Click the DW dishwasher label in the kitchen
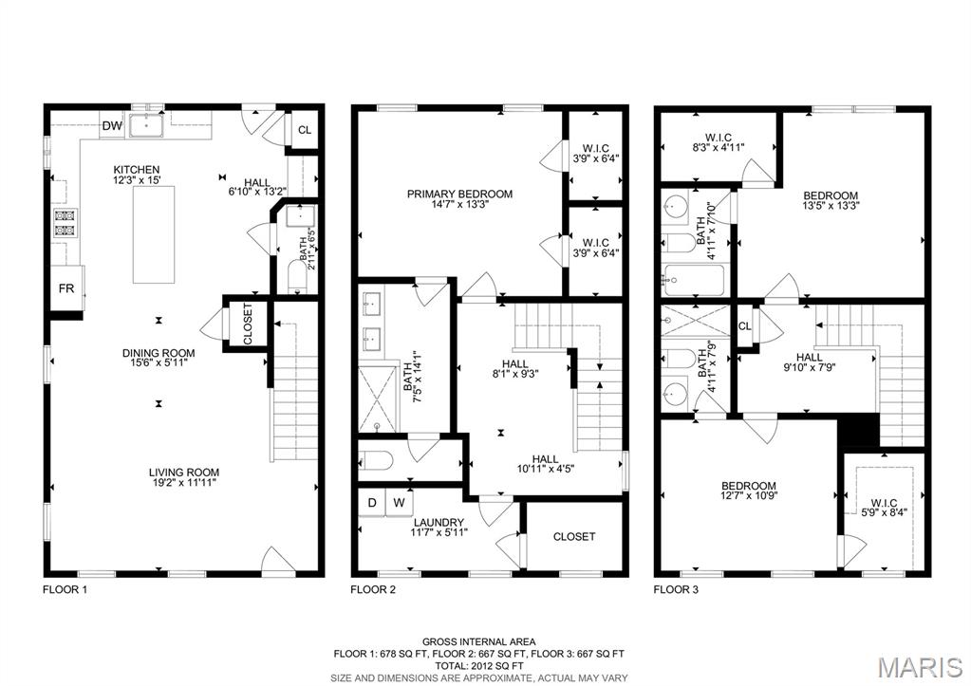[x=112, y=126]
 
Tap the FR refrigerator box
[x=66, y=287]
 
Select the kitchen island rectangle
[x=153, y=234]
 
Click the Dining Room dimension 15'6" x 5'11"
[x=159, y=362]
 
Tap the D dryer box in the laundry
[x=372, y=503]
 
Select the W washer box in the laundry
[x=400, y=503]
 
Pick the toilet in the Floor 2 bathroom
[x=376, y=460]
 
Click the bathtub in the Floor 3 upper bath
[x=693, y=281]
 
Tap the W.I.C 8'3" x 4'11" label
[x=719, y=142]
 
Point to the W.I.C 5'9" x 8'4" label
[x=884, y=508]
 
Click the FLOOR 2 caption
[x=373, y=589]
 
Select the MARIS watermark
[x=921, y=667]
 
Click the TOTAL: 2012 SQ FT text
[x=478, y=665]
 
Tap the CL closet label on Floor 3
[x=745, y=325]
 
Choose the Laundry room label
[x=439, y=523]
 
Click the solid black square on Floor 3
[x=859, y=431]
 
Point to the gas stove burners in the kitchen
[x=65, y=224]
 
